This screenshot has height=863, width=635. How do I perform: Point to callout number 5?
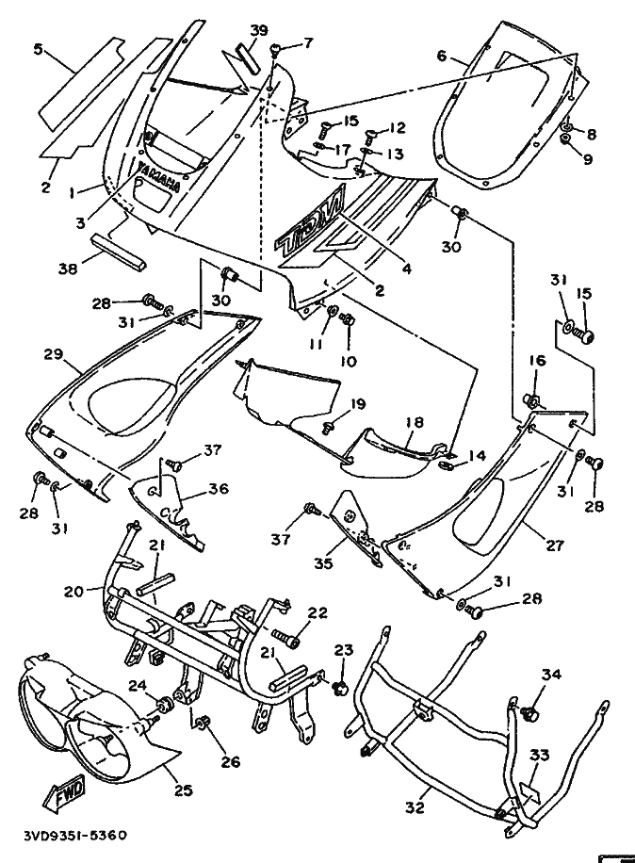coord(38,48)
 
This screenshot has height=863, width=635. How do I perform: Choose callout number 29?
coord(53,354)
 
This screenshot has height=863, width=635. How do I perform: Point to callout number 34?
coord(551,674)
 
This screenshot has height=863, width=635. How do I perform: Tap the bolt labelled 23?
coord(339,679)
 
